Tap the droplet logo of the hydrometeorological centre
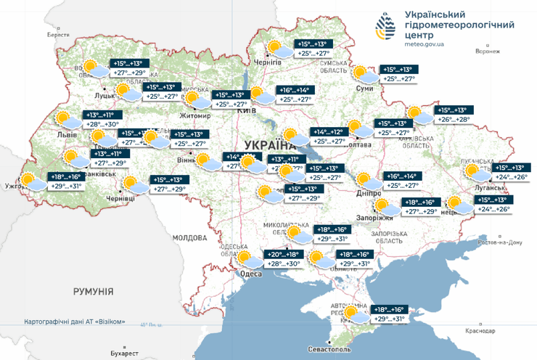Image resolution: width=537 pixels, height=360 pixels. (x=385, y=27)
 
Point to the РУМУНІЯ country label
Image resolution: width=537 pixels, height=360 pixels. (x=93, y=291)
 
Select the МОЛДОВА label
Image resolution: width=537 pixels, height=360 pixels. (x=190, y=237)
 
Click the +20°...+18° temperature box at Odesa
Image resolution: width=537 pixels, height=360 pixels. (x=284, y=255)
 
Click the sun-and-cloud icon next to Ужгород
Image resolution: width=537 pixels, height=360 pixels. (x=30, y=181)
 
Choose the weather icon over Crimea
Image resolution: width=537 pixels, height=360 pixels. (x=355, y=314)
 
